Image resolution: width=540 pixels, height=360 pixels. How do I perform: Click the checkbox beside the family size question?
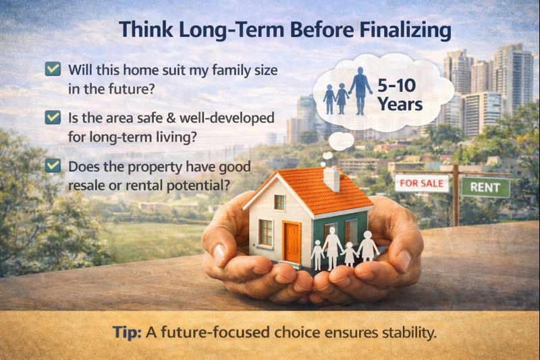click(x=51, y=69)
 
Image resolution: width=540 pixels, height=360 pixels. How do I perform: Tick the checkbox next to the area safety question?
click(x=51, y=118)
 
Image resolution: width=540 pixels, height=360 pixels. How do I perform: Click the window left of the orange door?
click(x=265, y=232)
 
